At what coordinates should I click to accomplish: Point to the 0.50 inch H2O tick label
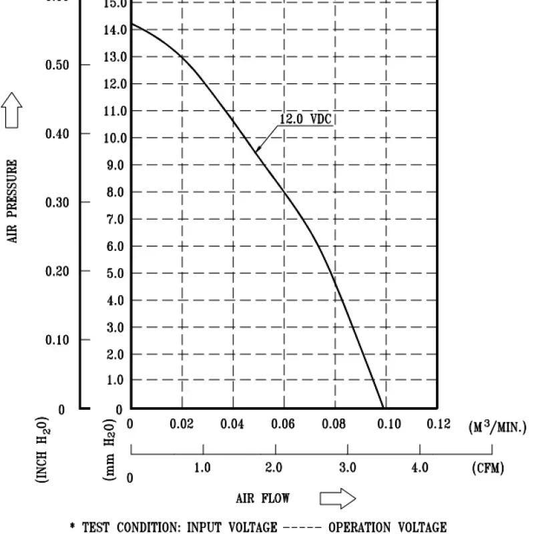pos(58,65)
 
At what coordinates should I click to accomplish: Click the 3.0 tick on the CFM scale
pos(347,467)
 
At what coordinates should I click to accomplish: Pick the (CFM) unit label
pos(490,467)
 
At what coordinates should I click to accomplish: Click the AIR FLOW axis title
pos(263,498)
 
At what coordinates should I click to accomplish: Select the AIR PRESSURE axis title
pos(13,200)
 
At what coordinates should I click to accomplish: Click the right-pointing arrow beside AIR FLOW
pos(338,498)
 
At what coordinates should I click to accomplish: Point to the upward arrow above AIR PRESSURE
pos(13,109)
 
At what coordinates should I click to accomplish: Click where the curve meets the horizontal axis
pos(383,408)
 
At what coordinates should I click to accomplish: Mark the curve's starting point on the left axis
pos(131,24)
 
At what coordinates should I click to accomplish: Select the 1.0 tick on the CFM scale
pos(202,467)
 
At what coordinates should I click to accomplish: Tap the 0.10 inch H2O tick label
pos(58,340)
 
